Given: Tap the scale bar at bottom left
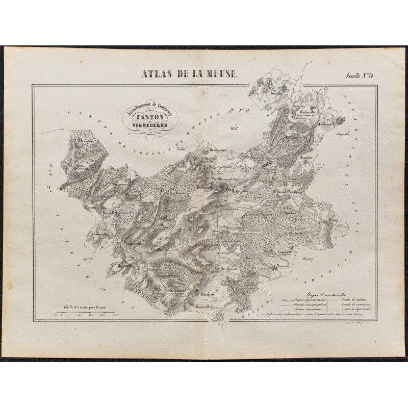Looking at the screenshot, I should [x=84, y=316].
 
